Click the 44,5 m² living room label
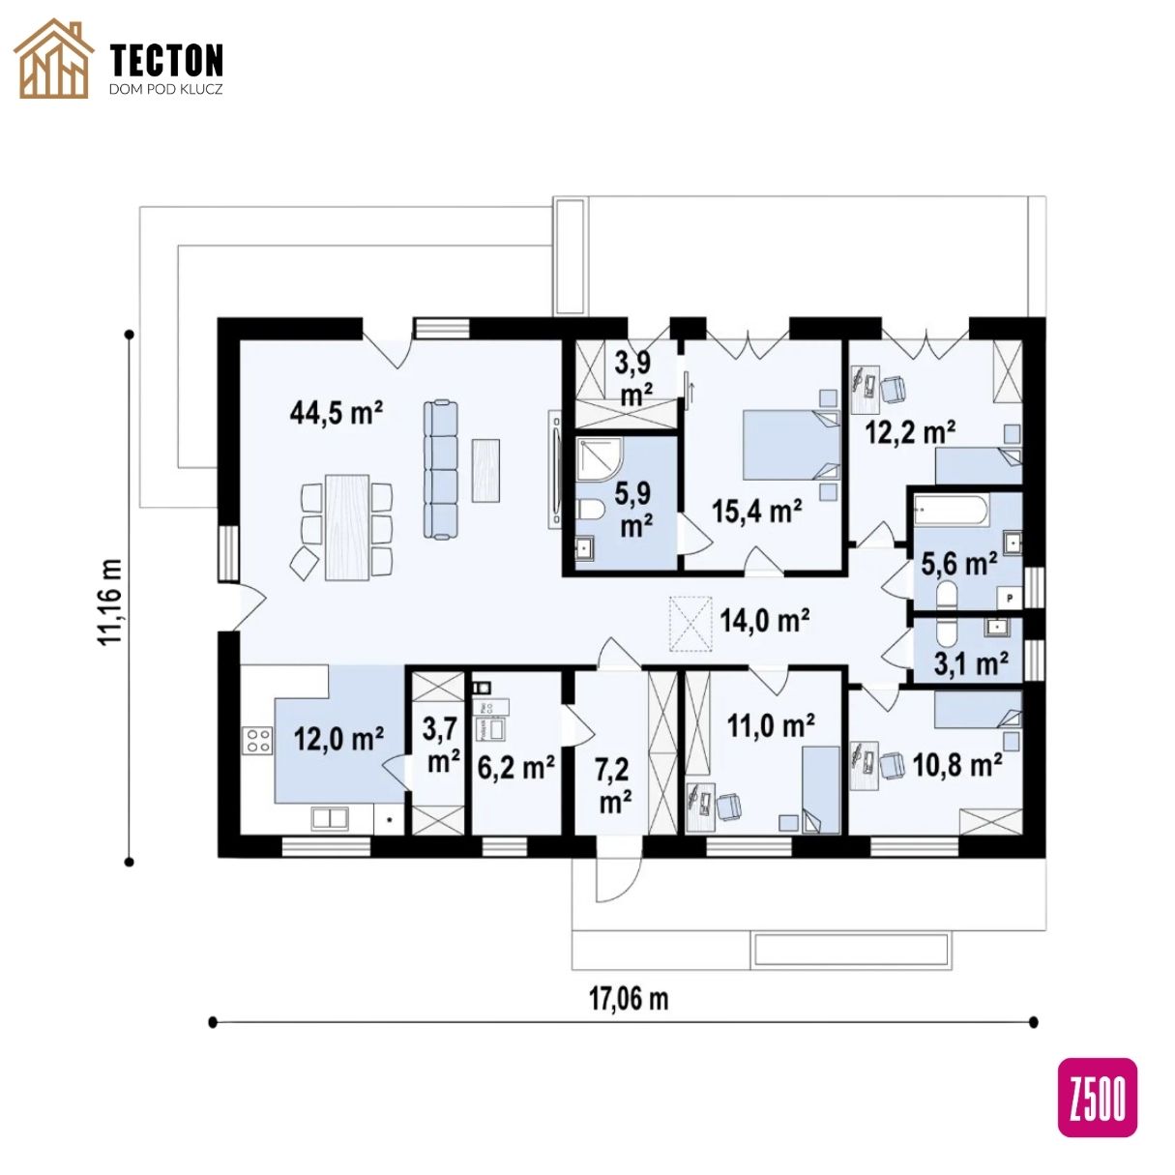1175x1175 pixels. pyautogui.click(x=336, y=413)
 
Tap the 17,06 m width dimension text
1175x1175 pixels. pyautogui.click(x=628, y=999)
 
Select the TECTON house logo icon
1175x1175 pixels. pyautogui.click(x=53, y=59)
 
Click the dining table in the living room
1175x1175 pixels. pyautogui.click(x=347, y=527)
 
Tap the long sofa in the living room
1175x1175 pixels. pyautogui.click(x=441, y=468)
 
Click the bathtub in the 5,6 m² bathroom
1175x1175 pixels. pyautogui.click(x=951, y=511)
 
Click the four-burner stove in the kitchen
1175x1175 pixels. pyautogui.click(x=256, y=740)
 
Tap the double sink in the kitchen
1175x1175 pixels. pyautogui.click(x=330, y=818)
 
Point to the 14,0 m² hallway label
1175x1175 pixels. pyautogui.click(x=765, y=621)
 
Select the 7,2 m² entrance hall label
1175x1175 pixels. pyautogui.click(x=615, y=786)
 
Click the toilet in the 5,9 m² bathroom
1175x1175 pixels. pyautogui.click(x=591, y=509)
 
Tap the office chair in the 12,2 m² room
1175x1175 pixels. pyautogui.click(x=893, y=389)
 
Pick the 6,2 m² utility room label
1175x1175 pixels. pyautogui.click(x=515, y=768)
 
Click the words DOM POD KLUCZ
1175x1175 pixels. pyautogui.click(x=165, y=89)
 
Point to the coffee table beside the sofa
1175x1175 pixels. pyautogui.click(x=486, y=470)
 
